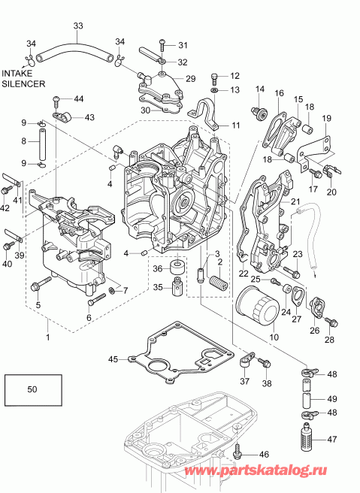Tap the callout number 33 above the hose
[x=78, y=26]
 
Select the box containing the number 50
[x=31, y=391]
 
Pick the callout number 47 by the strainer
[x=332, y=440]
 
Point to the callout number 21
[x=295, y=202]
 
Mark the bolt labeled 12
[x=216, y=76]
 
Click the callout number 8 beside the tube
[x=23, y=141]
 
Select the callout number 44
[x=79, y=99]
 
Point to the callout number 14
[x=260, y=90]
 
